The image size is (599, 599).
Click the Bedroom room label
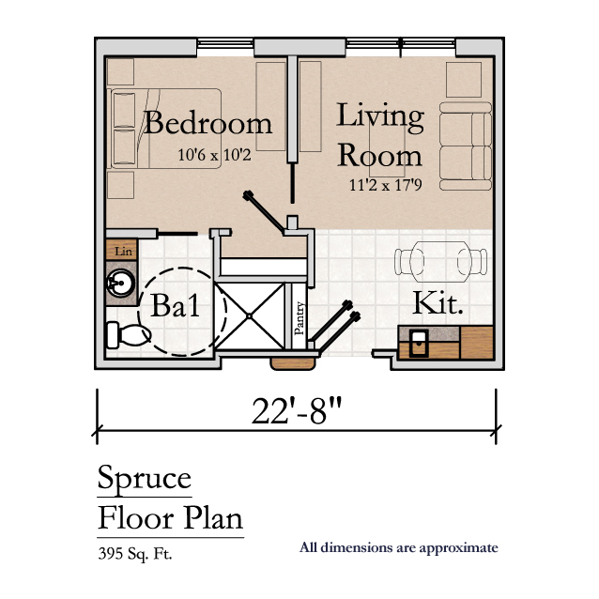(207, 123)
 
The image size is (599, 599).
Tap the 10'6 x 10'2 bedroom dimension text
(214, 155)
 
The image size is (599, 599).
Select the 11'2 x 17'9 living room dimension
(386, 185)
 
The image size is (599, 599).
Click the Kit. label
(438, 303)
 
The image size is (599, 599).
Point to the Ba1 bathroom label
(175, 306)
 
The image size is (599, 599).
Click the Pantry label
(299, 318)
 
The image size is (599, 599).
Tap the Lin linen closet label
(123, 251)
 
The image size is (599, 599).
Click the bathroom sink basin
(120, 284)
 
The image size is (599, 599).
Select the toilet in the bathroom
(129, 335)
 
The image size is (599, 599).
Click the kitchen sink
(419, 343)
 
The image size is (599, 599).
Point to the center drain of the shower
(249, 315)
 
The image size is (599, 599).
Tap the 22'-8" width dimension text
(297, 410)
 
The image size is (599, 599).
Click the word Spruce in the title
(145, 479)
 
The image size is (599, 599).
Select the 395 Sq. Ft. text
(135, 554)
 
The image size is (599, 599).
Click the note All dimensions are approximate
(399, 547)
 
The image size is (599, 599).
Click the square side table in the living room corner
(464, 80)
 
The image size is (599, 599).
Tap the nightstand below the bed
(120, 185)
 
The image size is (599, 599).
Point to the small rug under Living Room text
(387, 145)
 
